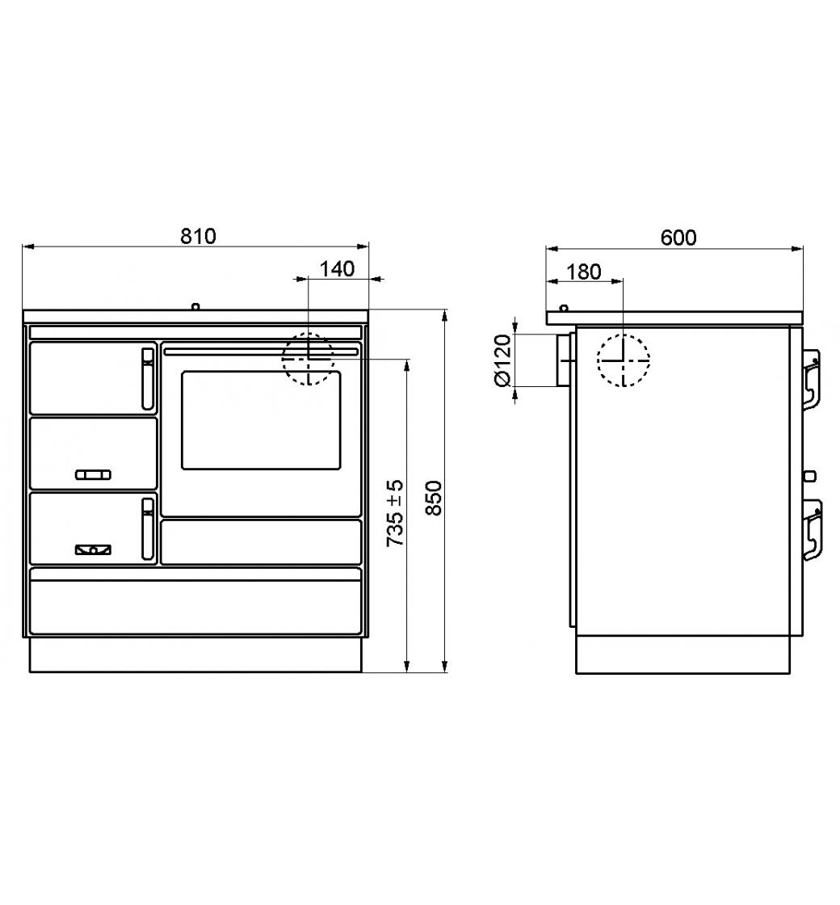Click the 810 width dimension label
tap(198, 236)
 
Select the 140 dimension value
tap(337, 269)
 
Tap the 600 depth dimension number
tap(678, 238)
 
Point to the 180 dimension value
tap(584, 271)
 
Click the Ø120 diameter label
tap(503, 361)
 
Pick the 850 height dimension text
tap(433, 498)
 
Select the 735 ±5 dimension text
tap(395, 513)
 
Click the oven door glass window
tap(261, 420)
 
